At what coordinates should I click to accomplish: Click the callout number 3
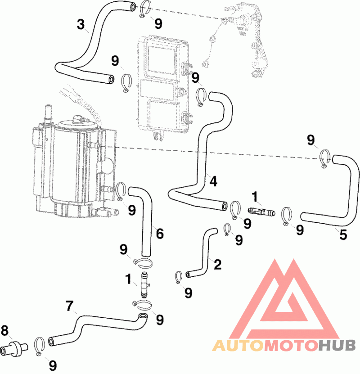[x=81, y=24]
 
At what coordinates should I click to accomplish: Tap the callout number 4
[x=213, y=181]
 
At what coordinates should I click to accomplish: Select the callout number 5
[x=343, y=234]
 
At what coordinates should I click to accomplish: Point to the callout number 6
[x=160, y=233]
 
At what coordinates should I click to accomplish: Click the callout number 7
[x=69, y=306]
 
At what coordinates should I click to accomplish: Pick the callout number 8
[x=5, y=331]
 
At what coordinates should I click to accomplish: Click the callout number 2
[x=217, y=264]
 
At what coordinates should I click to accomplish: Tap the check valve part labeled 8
[x=14, y=348]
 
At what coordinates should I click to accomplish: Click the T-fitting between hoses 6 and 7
[x=144, y=284]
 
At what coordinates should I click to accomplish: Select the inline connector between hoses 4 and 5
[x=261, y=212]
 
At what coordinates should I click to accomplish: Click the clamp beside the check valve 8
[x=40, y=346]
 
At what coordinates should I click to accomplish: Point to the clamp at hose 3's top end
[x=144, y=9]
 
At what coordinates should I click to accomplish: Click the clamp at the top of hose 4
[x=201, y=97]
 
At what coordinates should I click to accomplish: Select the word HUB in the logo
[x=337, y=346]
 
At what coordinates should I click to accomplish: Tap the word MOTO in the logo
[x=291, y=346]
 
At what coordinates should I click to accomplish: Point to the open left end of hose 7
[x=51, y=342]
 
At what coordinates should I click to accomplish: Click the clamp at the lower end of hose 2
[x=178, y=277]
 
